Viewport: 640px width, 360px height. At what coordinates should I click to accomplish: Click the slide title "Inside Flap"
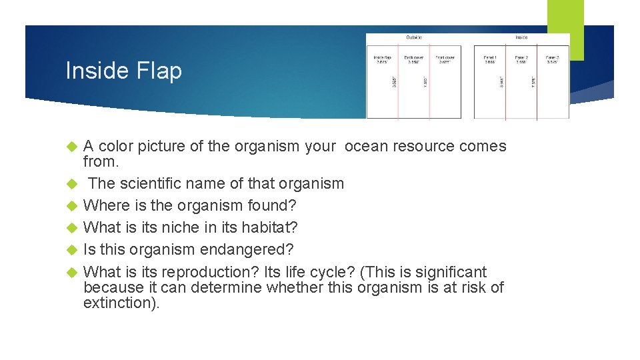pyautogui.click(x=123, y=71)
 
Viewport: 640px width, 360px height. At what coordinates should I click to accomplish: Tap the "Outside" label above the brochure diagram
pyautogui.click(x=414, y=37)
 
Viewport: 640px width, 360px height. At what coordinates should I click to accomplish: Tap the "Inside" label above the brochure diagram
pyautogui.click(x=521, y=37)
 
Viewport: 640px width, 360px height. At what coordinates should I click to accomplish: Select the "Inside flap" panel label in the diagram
pyautogui.click(x=382, y=58)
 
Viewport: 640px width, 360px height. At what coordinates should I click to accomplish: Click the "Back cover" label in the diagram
pyautogui.click(x=413, y=58)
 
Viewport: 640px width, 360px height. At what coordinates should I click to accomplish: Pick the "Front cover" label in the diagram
pyautogui.click(x=445, y=58)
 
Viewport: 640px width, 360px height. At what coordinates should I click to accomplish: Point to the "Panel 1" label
pyautogui.click(x=490, y=58)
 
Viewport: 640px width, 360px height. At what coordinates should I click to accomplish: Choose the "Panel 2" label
pyautogui.click(x=521, y=58)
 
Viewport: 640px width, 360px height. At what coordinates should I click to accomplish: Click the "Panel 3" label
pyautogui.click(x=553, y=58)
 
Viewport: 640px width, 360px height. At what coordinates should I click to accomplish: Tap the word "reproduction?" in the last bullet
pyautogui.click(x=198, y=272)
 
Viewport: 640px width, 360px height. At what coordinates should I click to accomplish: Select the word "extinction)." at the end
pyautogui.click(x=121, y=303)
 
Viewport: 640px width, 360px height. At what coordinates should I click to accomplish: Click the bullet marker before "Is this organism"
pyautogui.click(x=74, y=250)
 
